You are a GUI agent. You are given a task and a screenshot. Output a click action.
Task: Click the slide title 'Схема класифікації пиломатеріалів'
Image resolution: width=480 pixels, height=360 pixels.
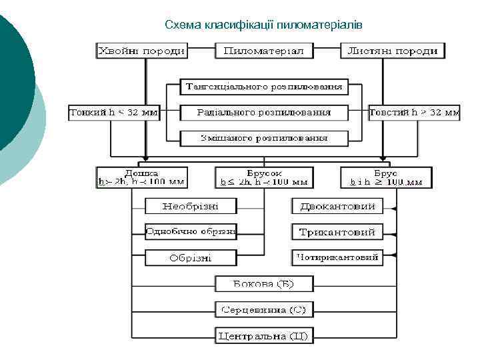pos(263,25)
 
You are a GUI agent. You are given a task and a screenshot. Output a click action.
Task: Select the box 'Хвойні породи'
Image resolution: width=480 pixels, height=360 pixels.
pos(141,51)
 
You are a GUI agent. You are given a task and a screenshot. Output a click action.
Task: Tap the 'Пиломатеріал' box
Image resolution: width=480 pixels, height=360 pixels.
pos(264,51)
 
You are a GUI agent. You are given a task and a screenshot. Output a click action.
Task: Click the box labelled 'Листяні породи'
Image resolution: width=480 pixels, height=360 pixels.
pos(393,51)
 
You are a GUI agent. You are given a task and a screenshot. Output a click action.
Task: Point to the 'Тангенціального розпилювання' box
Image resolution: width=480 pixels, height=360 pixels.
pos(264,87)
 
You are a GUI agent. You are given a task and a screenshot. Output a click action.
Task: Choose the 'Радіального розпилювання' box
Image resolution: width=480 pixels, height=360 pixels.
pos(264,113)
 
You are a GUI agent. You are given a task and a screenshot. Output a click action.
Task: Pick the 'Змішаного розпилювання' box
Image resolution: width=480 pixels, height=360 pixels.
pos(264,138)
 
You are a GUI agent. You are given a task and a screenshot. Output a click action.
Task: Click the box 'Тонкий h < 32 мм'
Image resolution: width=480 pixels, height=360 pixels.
pos(114,113)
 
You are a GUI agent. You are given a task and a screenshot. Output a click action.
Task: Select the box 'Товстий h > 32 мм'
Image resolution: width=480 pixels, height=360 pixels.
pos(414,113)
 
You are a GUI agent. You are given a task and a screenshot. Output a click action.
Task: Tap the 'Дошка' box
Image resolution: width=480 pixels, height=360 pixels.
pos(141,177)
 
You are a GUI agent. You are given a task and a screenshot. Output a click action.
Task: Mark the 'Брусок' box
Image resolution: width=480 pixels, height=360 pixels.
pos(264,177)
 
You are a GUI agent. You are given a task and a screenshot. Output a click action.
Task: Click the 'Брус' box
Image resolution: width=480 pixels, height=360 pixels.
pos(386,177)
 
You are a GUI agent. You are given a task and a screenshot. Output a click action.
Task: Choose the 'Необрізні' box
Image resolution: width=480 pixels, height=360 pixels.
pos(191,207)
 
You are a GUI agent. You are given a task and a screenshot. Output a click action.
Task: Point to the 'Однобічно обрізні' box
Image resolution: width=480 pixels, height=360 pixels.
pos(191,232)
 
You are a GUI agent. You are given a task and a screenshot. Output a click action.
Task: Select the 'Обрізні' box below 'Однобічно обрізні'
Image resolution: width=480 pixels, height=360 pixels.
pos(191,257)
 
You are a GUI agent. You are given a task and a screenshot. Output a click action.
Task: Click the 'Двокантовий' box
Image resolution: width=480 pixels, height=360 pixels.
pos(337,207)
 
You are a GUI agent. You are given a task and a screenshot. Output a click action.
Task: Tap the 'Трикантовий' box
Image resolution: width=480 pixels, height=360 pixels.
pos(337,232)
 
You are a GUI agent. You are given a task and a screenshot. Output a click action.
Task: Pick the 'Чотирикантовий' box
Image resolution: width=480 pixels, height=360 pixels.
pos(337,257)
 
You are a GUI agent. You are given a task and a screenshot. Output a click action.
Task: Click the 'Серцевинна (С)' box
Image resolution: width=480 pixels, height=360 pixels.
pos(264,310)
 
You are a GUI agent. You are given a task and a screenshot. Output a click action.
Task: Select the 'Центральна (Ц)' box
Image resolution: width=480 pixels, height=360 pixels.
pos(264,335)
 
